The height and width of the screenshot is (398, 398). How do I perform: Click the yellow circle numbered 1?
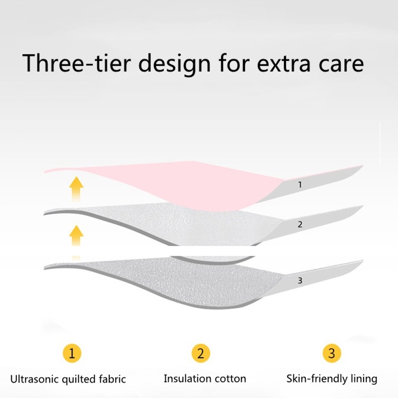click(72, 353)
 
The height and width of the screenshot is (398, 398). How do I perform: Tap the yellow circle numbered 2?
click(201, 353)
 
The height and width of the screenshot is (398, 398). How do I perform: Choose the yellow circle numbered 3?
click(332, 353)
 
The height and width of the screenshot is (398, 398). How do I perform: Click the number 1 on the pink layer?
click(300, 185)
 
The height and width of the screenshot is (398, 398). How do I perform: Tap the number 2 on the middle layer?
click(300, 224)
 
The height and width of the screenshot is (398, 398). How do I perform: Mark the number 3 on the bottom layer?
click(300, 281)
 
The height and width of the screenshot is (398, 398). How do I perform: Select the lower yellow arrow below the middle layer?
click(76, 236)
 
